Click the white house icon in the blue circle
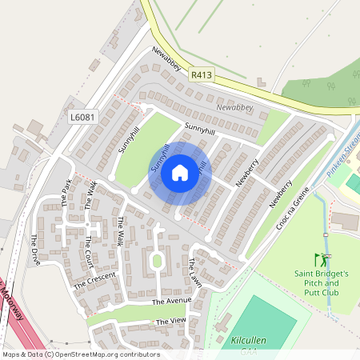180,172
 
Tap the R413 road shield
202,75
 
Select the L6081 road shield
82,118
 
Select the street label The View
170,322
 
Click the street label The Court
88,254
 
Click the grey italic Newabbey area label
235,106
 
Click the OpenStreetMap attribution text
80,354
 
